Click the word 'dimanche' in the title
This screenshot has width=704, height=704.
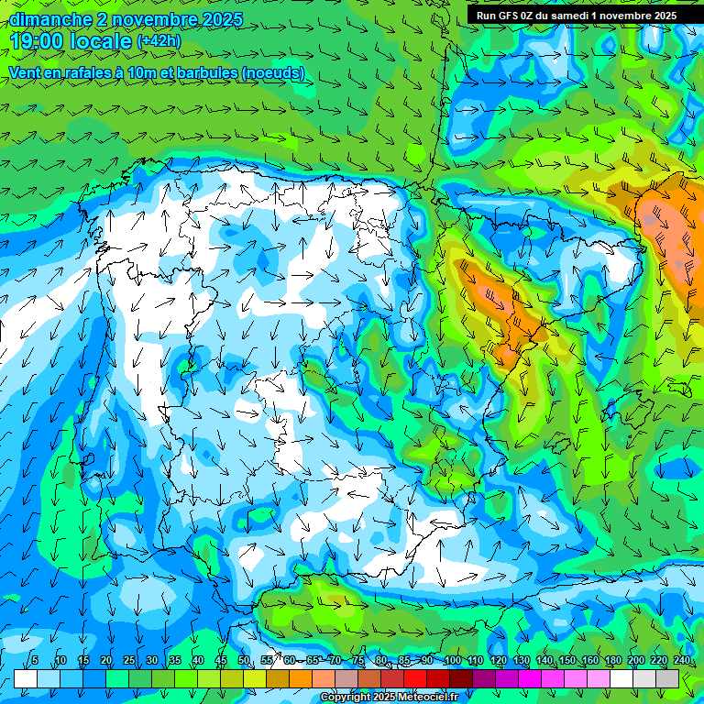click(x=51, y=19)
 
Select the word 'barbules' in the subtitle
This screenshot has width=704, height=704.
click(x=200, y=72)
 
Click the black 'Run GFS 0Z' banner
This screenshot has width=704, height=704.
click(x=576, y=15)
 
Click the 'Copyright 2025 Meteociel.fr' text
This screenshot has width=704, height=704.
click(x=389, y=697)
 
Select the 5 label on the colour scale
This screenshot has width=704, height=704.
click(x=35, y=660)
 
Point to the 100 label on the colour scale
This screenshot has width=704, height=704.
click(x=452, y=660)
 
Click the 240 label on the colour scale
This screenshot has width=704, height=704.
click(x=681, y=660)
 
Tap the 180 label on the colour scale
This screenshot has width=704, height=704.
click(x=612, y=660)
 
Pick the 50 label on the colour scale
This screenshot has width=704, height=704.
click(x=244, y=660)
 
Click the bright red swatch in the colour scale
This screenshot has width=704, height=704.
click(x=415, y=677)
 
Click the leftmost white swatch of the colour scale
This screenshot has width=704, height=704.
click(x=26, y=677)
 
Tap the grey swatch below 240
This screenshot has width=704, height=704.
click(x=667, y=677)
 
